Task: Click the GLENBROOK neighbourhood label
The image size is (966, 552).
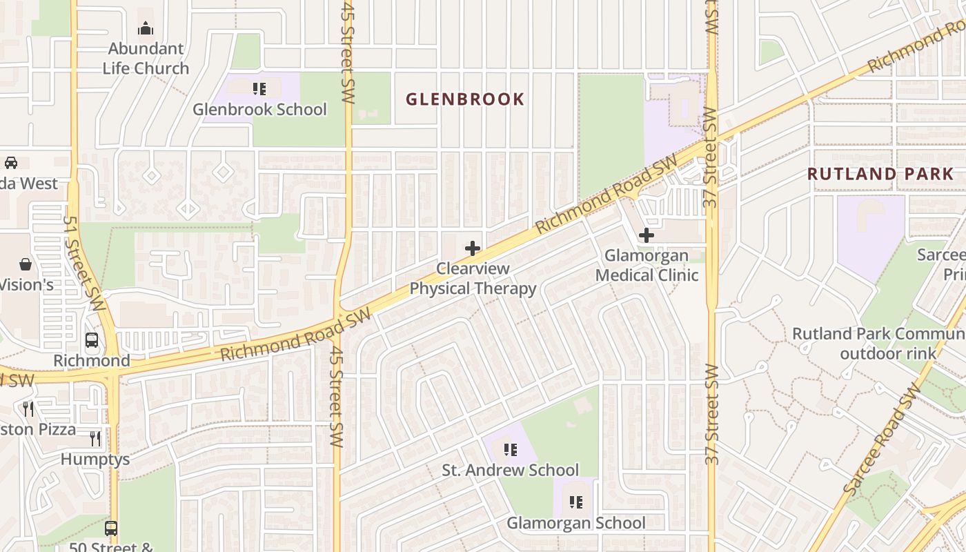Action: coord(465,99)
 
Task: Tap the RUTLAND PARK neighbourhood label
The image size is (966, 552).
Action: coord(880,174)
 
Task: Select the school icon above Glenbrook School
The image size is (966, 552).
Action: coord(259,88)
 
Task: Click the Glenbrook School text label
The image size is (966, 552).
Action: coord(259,109)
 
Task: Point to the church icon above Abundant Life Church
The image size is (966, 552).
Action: coord(146,28)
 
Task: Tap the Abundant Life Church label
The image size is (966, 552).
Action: coord(146,59)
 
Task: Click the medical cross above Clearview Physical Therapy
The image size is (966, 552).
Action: coord(473,248)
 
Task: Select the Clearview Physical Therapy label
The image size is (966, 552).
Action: coord(473,279)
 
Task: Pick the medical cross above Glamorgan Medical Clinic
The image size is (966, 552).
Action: coord(647,235)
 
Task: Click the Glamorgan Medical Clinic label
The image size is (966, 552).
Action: coord(647,266)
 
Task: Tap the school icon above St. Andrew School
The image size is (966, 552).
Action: coord(511,450)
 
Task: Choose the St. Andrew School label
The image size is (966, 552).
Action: coord(511,471)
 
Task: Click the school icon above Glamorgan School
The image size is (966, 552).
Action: coord(577,502)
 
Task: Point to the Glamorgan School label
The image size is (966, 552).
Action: coord(577,523)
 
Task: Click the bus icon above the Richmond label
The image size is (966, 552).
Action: coord(92,340)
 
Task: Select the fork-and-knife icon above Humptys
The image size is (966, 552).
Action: coord(95,438)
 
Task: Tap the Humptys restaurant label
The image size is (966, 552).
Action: coord(95,460)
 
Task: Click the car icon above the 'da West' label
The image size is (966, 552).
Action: coord(11,163)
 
